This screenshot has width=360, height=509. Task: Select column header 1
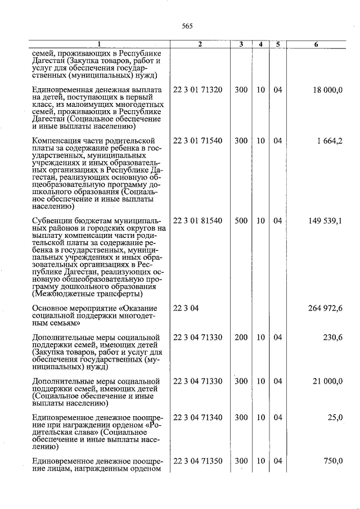click(x=99, y=44)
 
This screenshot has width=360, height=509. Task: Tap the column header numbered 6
click(x=317, y=44)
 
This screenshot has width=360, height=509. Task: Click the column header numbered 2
click(x=200, y=44)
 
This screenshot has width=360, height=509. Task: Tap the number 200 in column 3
click(x=241, y=337)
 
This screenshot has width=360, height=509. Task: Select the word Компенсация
click(x=58, y=141)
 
